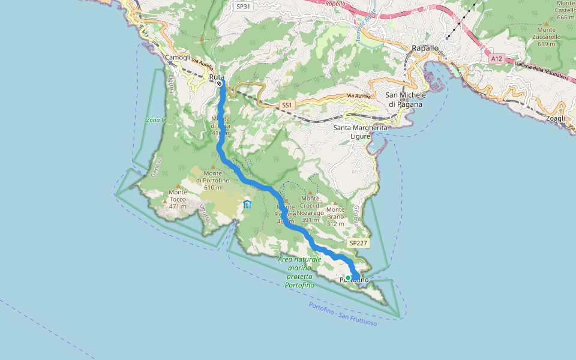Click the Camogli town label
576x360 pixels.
point(178,58)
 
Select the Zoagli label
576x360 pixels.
point(556,119)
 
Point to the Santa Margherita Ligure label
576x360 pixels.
point(361,131)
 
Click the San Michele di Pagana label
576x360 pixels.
point(406,99)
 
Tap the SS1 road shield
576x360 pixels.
point(287,105)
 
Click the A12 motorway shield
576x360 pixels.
point(496,59)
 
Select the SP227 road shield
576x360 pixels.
point(358,243)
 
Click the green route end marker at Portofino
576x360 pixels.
point(348,278)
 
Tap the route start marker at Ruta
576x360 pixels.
point(220,85)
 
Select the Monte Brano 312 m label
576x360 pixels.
point(335,217)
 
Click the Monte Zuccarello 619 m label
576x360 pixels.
point(546,37)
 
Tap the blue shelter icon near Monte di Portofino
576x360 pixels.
point(247,205)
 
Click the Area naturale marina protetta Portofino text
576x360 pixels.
point(300,272)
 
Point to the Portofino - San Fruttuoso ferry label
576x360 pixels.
point(343,314)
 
